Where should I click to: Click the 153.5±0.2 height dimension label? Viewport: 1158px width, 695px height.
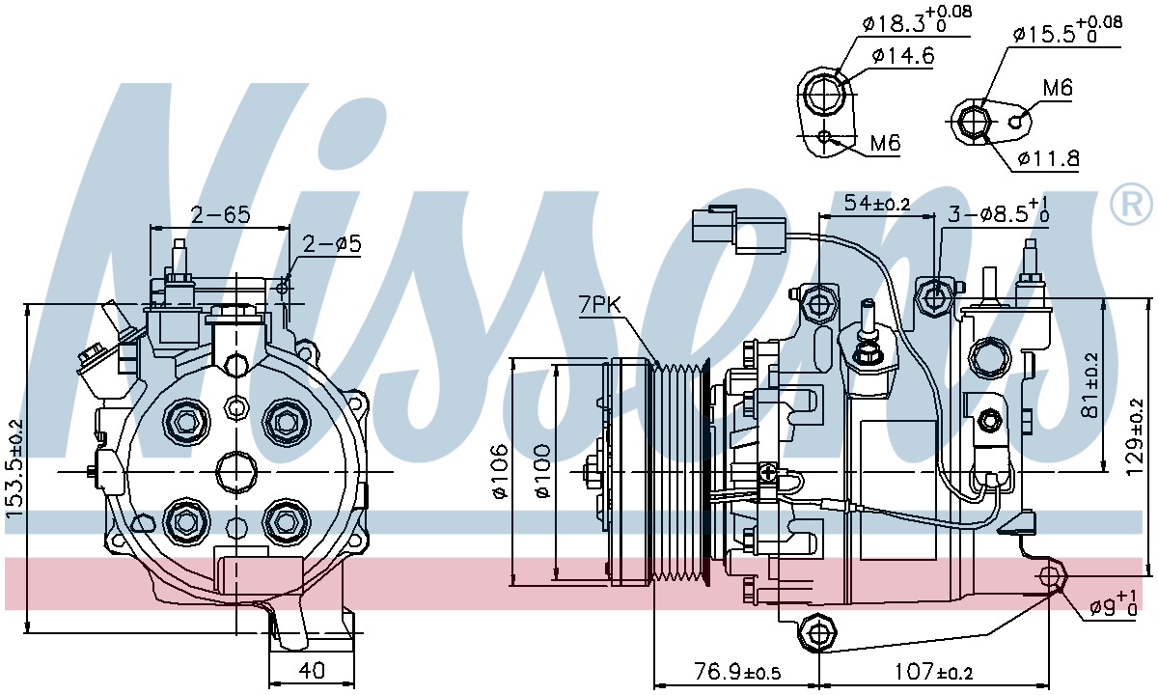(x=15, y=468)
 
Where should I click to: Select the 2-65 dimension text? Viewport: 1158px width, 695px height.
(x=221, y=214)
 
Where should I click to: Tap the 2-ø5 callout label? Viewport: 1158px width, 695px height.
(x=331, y=244)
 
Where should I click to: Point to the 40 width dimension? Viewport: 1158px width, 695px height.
(x=313, y=671)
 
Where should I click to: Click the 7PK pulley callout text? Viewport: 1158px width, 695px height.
(x=599, y=306)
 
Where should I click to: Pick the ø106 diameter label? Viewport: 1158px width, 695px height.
(x=501, y=471)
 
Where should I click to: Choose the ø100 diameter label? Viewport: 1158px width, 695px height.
(x=542, y=471)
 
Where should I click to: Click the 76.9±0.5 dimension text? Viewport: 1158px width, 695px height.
(x=736, y=672)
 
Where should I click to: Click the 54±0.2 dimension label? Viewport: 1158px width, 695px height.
(x=877, y=204)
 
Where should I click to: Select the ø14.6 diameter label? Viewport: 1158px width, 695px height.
(x=903, y=56)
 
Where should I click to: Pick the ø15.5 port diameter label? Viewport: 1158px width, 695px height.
(x=1067, y=31)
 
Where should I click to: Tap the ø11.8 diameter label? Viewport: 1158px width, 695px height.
(x=1048, y=158)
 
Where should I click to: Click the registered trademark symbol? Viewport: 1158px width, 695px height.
(x=1131, y=204)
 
